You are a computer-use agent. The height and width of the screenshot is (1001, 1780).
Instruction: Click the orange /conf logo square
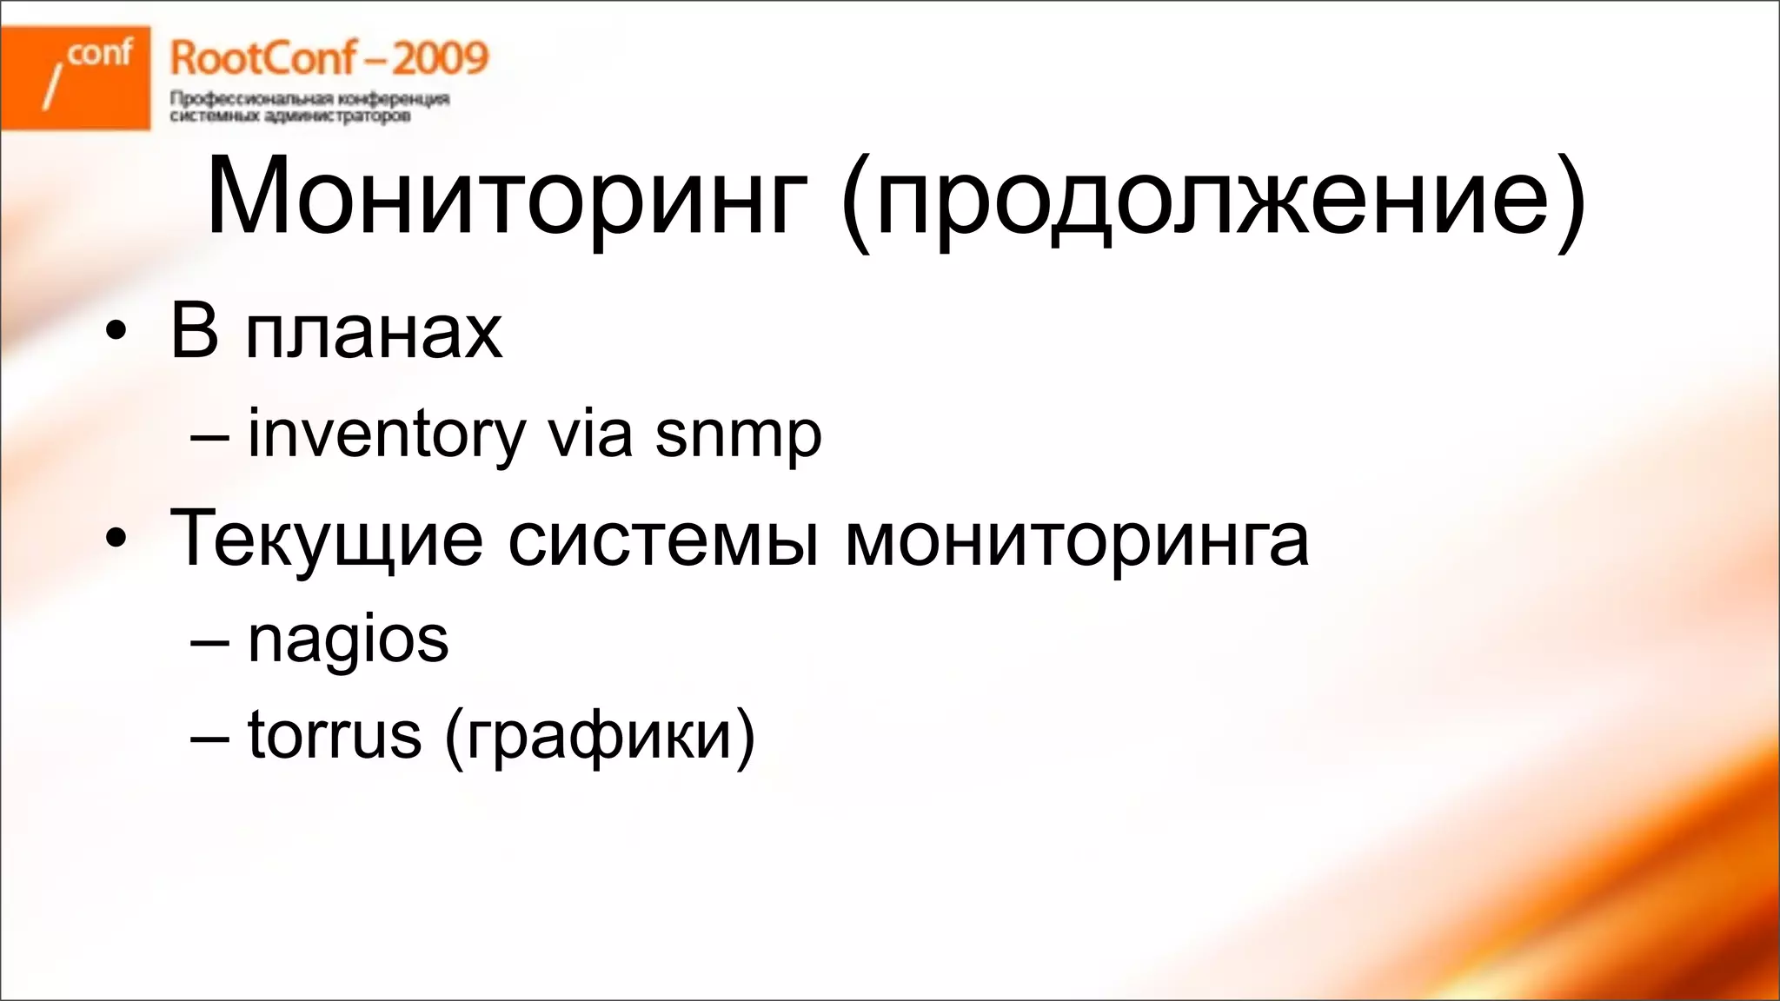coord(76,77)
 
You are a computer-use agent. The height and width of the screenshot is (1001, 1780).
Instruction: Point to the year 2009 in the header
coord(440,59)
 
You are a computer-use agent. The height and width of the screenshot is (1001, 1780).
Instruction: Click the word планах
coord(374,332)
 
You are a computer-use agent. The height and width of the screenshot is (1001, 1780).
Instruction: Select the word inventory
coord(387,434)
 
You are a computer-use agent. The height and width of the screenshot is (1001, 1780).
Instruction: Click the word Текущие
coord(326,540)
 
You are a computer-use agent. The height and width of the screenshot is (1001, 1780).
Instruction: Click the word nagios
coord(348,641)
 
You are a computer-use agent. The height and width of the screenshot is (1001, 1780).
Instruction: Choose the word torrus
coord(335,735)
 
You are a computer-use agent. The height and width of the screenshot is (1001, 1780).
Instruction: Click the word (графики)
coord(600,738)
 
